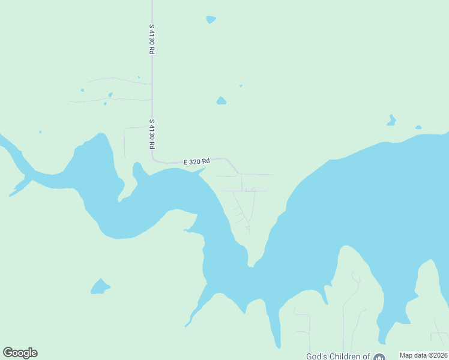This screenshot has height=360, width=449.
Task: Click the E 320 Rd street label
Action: [197, 161]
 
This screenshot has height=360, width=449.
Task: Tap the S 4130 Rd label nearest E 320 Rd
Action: [152, 134]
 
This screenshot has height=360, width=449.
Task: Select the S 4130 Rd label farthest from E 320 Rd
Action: [152, 40]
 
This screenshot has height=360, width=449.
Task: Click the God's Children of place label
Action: [337, 356]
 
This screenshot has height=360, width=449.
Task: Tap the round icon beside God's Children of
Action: [379, 357]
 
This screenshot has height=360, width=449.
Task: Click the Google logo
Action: [20, 353]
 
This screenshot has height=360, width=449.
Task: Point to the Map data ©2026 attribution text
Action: [423, 355]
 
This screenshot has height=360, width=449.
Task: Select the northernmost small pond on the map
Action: [210, 19]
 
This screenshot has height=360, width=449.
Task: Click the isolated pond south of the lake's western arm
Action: [100, 287]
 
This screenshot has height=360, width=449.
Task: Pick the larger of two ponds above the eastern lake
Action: [391, 121]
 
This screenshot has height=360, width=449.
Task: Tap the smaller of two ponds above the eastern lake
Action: [418, 127]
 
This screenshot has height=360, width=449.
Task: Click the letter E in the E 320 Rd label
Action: [186, 162]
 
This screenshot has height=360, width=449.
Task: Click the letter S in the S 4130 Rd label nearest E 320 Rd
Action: [152, 122]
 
